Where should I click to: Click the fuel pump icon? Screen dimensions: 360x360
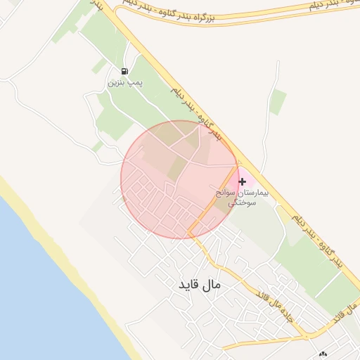coord(124,71)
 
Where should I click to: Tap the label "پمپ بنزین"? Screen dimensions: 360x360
coord(124,83)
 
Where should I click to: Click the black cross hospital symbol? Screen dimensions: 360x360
coord(242,181)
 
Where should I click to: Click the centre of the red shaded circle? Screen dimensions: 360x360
coord(179,179)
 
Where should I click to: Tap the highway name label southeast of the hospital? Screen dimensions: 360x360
coord(320,239)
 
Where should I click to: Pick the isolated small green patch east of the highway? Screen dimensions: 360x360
coord(278,101)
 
